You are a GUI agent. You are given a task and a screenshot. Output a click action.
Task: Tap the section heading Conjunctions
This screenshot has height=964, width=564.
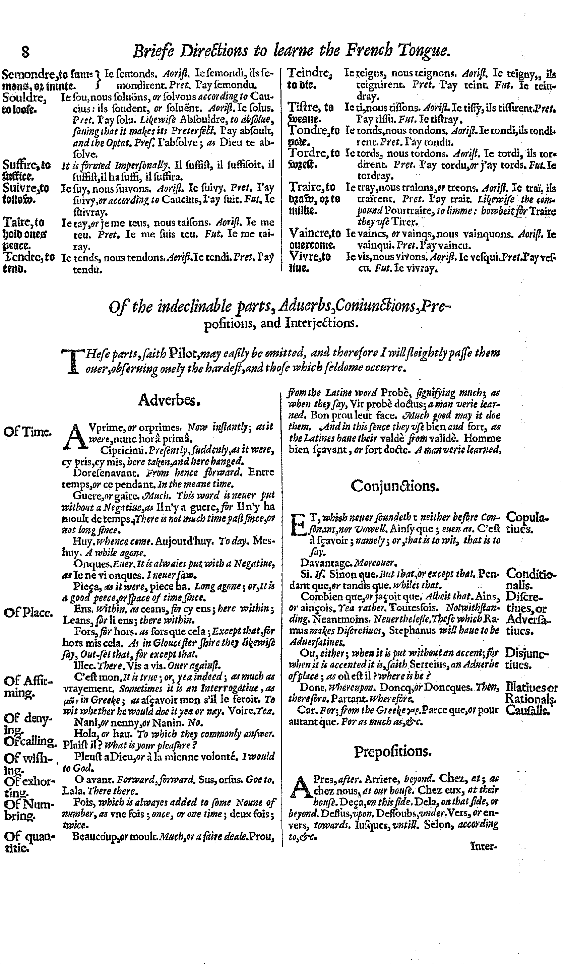click(x=394, y=486)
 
